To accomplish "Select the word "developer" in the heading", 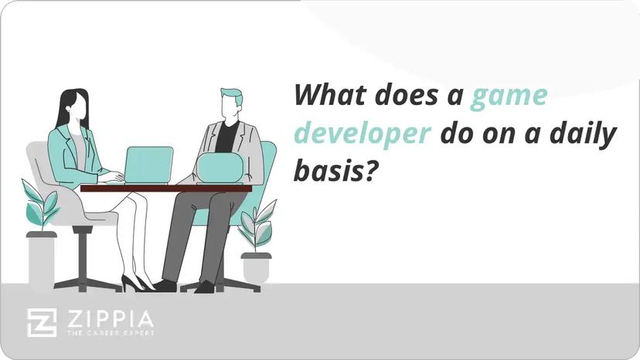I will (x=363, y=134).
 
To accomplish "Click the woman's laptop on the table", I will (x=148, y=165).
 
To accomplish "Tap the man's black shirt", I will (x=226, y=138).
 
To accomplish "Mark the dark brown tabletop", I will (x=166, y=188).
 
